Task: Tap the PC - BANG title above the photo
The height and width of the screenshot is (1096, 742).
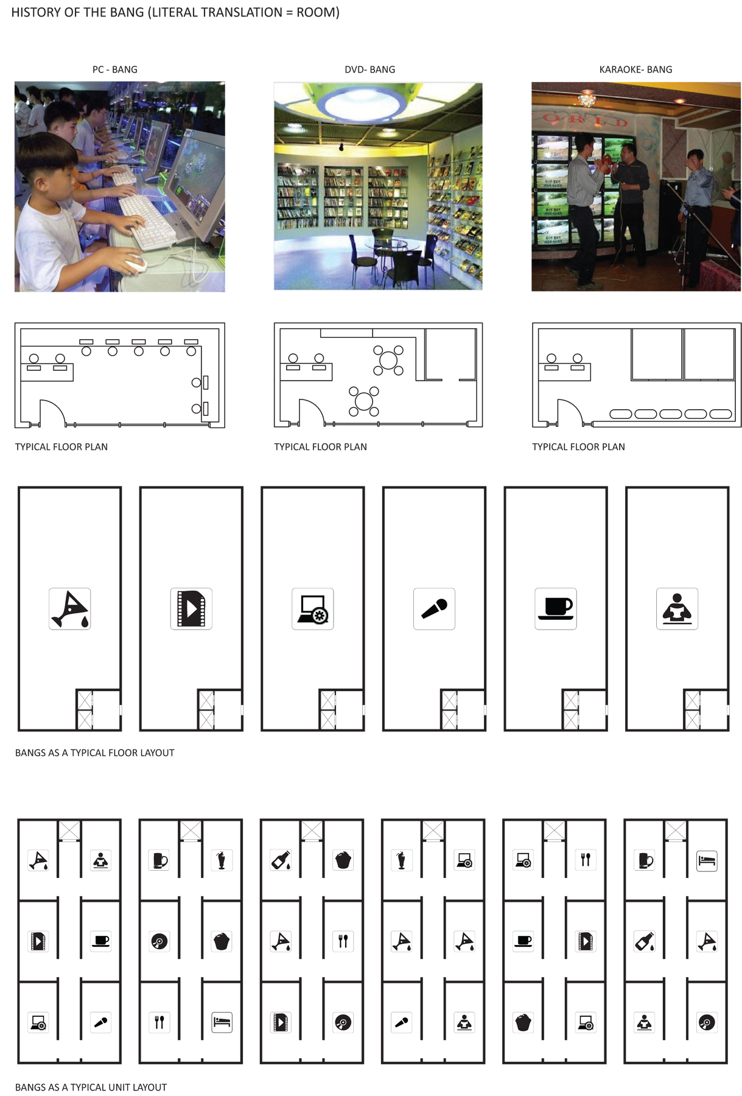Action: tap(115, 69)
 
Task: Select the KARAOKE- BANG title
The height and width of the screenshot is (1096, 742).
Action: tap(635, 69)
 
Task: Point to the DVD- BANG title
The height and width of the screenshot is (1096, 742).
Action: tap(369, 69)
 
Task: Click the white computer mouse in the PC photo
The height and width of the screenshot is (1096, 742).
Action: tap(136, 264)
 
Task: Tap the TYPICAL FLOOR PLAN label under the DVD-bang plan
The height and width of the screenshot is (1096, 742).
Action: tap(320, 447)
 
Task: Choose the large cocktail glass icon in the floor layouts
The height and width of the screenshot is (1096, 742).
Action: tap(70, 608)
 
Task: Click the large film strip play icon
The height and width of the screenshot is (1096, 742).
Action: tap(191, 608)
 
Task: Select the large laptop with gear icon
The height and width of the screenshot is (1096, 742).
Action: tap(313, 609)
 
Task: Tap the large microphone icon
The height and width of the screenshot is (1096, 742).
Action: tap(434, 609)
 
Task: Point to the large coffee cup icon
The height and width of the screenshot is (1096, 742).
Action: tap(556, 608)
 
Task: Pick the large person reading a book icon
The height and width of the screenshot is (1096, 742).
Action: tap(677, 608)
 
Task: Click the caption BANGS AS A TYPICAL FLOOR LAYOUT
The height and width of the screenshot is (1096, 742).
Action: tap(94, 753)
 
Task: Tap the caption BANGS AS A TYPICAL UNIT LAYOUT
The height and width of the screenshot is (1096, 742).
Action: tap(91, 1087)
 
